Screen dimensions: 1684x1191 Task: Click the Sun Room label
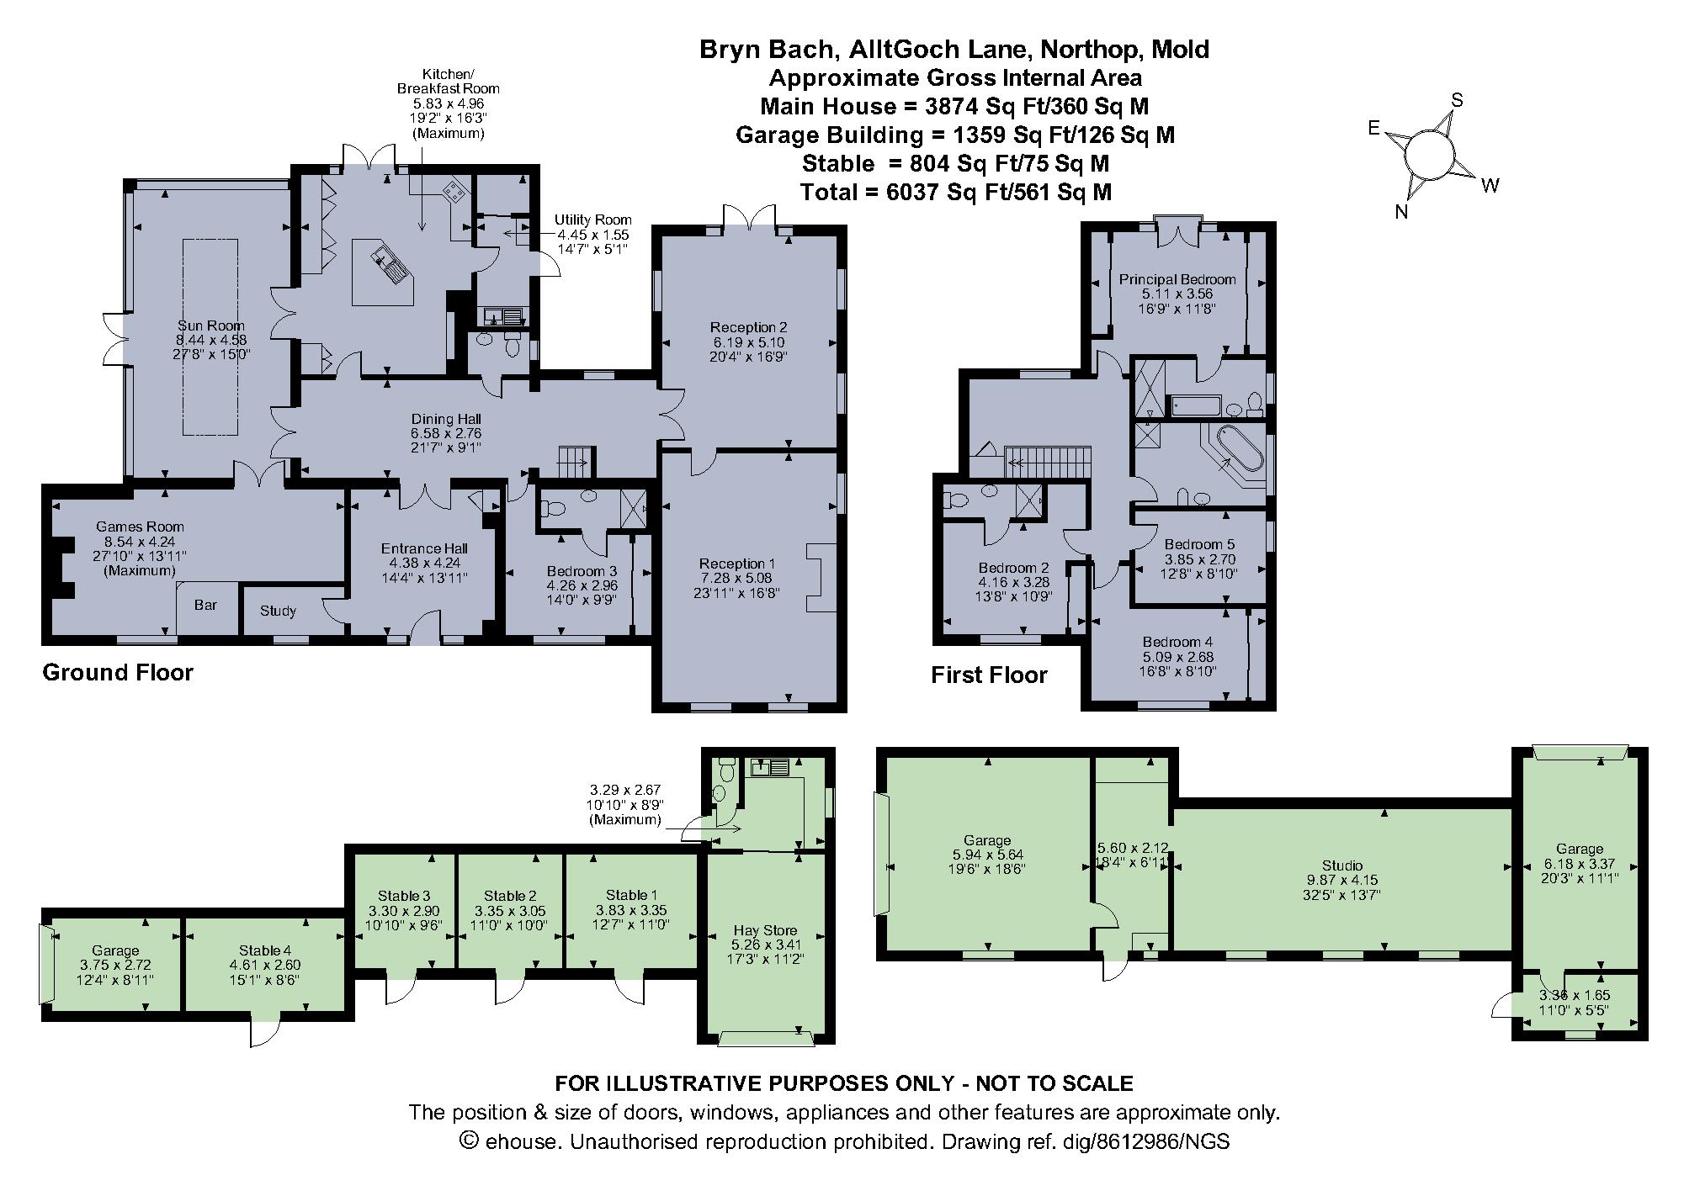pos(210,326)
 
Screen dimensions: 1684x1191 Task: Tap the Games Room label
pos(140,527)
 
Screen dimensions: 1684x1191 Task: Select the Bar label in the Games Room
pos(206,605)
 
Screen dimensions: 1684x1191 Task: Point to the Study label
pos(278,611)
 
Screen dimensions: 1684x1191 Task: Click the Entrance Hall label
pos(424,548)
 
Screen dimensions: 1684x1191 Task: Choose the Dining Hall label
pos(446,419)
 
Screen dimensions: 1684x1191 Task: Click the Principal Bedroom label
pos(1177,279)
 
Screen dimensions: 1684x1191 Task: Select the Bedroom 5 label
pos(1199,544)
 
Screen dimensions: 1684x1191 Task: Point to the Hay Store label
pos(765,930)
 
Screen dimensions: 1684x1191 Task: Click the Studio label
pos(1342,865)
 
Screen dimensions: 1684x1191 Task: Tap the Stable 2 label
pos(510,896)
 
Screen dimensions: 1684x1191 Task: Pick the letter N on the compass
pos(1401,212)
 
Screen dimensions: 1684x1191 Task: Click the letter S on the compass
pos(1457,101)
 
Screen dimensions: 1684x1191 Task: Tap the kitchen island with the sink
pos(383,272)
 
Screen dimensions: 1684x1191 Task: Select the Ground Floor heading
pos(118,673)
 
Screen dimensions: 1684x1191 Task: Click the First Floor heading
pos(989,675)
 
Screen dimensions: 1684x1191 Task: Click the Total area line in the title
pos(956,193)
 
